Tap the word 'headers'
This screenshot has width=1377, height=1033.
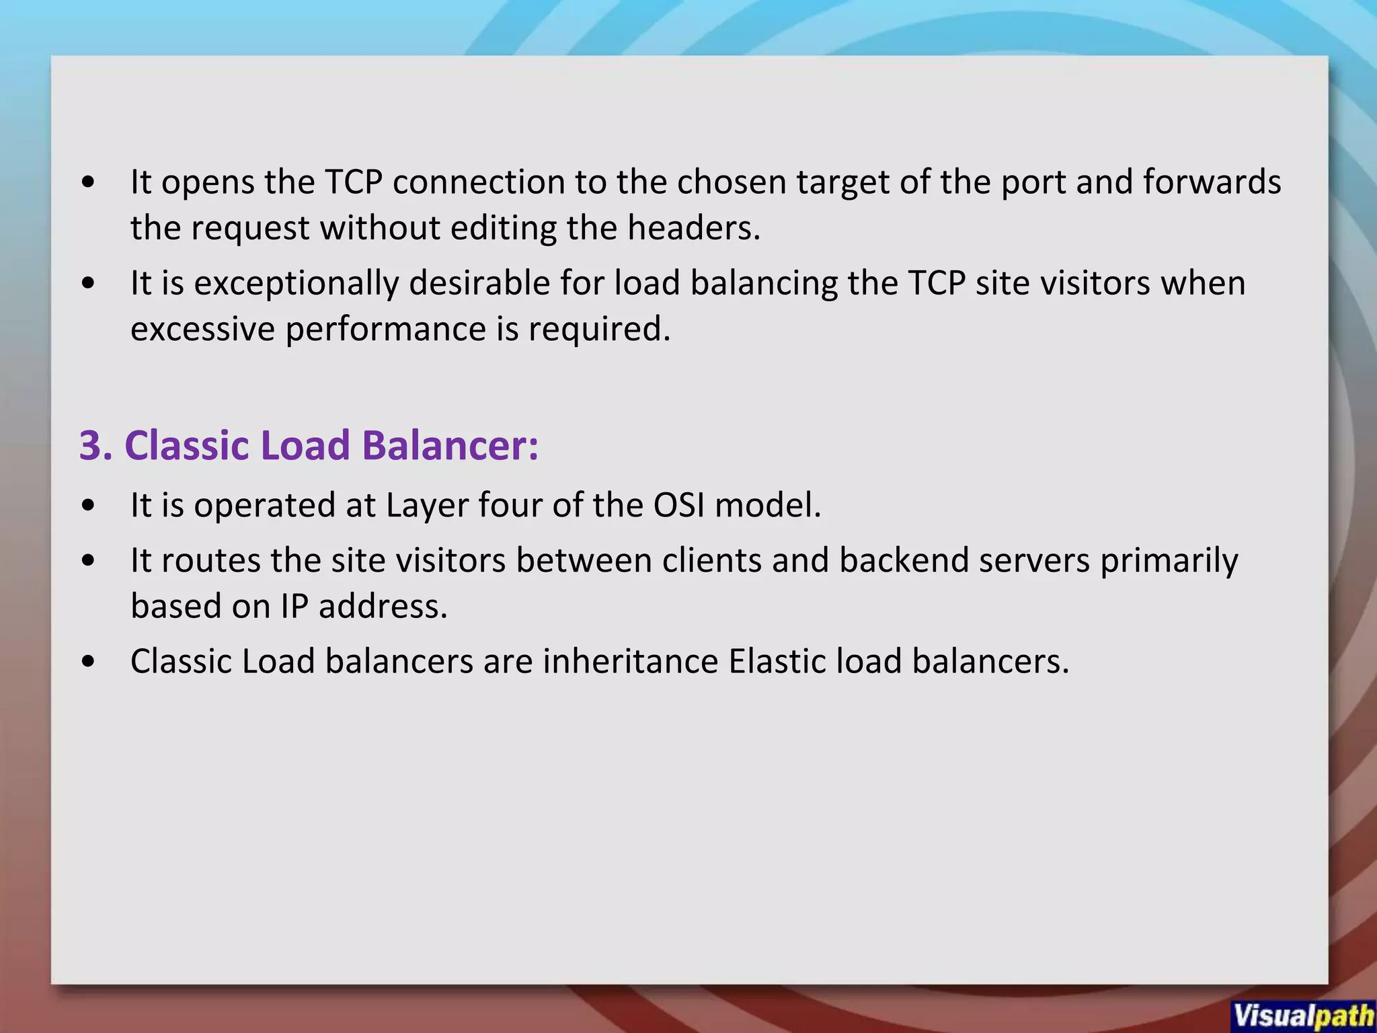tap(693, 228)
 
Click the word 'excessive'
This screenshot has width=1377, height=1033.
tap(202, 330)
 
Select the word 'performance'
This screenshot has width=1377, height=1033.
tap(385, 330)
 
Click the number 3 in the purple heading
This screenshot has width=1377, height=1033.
tap(94, 445)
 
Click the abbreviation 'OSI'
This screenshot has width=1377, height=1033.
tap(678, 505)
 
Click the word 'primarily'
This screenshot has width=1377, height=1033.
tap(1169, 560)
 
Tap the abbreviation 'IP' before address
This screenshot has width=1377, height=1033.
tap(294, 607)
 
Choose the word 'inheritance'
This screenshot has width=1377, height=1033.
tap(631, 662)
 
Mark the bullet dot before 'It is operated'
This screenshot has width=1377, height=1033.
tap(88, 506)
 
